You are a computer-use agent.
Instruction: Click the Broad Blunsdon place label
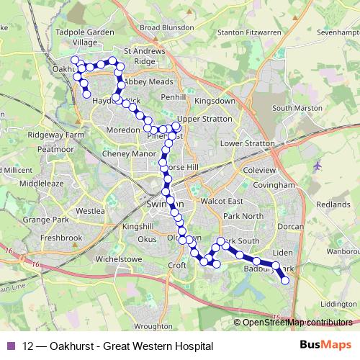coord(167,27)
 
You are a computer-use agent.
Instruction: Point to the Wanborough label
coord(343,252)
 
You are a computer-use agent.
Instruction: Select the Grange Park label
coord(45,219)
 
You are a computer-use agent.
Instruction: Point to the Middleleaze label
coord(42,184)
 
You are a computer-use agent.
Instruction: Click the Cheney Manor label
coord(130,153)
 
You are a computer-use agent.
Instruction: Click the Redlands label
coord(333,204)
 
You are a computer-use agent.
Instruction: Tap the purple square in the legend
coord(11,346)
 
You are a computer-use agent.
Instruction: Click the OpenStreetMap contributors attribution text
coord(297,323)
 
